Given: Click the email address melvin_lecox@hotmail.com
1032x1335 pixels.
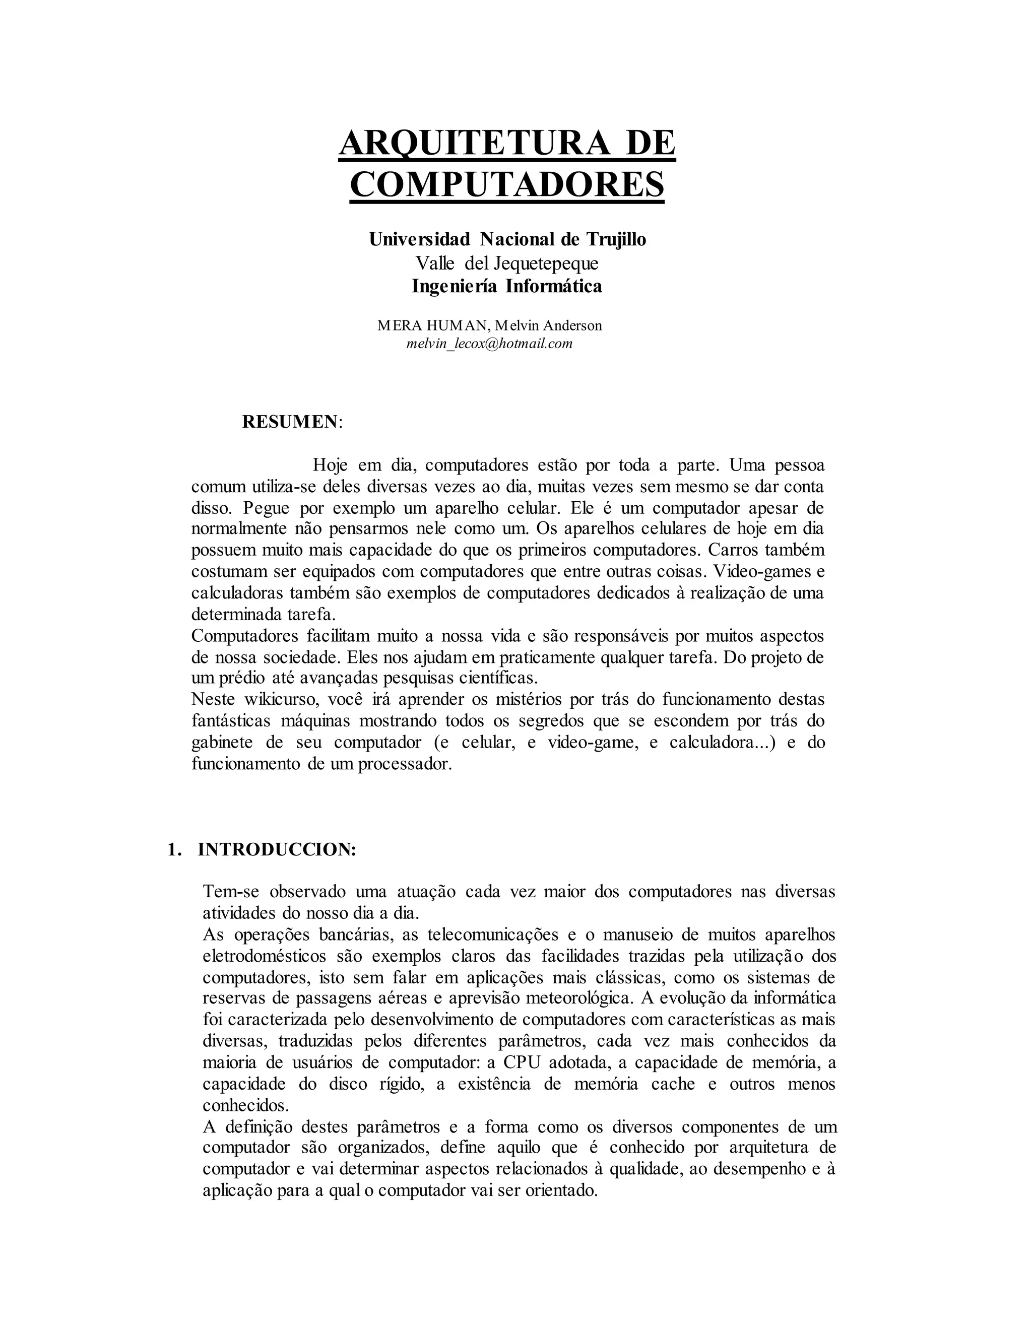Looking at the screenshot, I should [x=489, y=344].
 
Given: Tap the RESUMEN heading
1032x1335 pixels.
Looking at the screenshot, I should [x=290, y=421].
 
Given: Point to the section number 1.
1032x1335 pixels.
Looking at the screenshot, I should [x=173, y=850].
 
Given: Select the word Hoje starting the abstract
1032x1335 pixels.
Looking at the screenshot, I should [x=330, y=465].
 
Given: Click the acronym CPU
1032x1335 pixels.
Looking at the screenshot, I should [x=522, y=1062].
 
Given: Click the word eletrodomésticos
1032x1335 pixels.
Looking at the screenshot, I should [x=264, y=955].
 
